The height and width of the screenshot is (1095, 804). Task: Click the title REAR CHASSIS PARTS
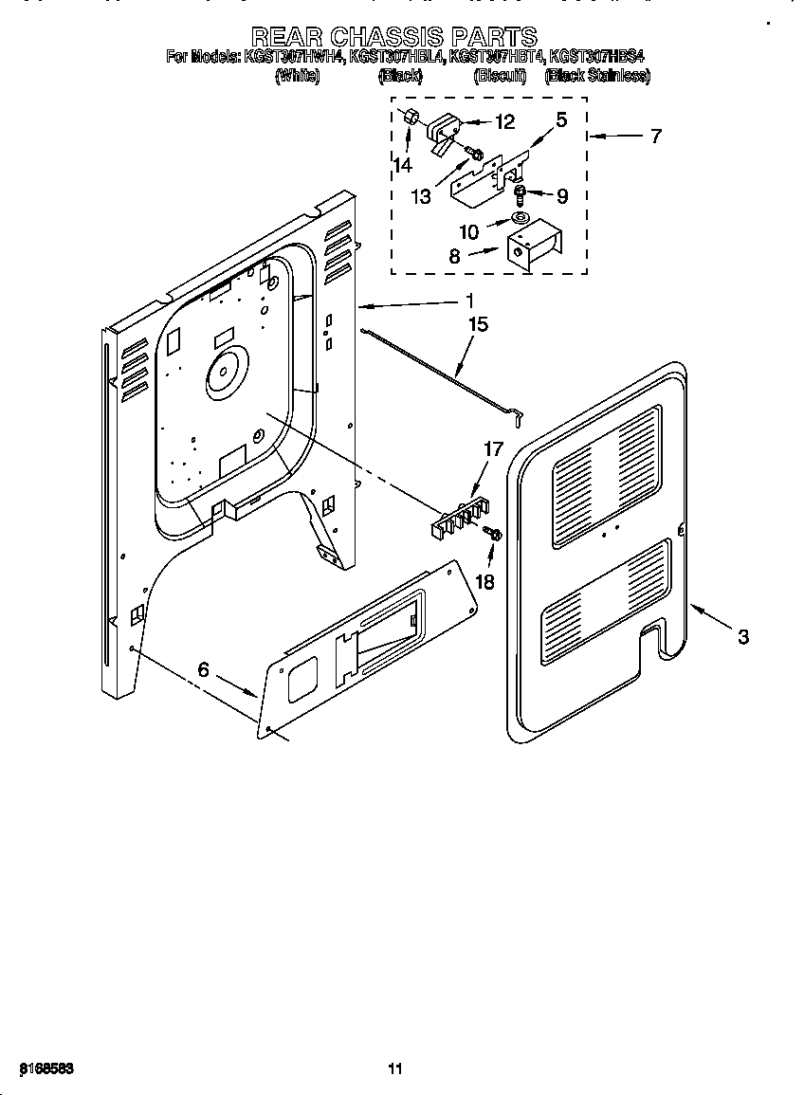coord(402,37)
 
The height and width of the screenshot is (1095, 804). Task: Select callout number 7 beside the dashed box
coord(655,136)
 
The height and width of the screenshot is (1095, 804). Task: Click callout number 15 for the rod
coord(478,325)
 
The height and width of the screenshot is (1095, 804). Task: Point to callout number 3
coord(742,637)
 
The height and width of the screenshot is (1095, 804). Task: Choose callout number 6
coord(203,669)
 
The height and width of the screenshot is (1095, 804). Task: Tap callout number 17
coord(493,451)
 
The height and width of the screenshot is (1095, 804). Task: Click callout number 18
coord(484,581)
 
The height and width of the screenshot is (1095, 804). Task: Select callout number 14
coord(404,165)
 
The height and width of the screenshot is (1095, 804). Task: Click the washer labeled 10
coord(520,220)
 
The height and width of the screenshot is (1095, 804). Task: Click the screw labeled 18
coord(492,535)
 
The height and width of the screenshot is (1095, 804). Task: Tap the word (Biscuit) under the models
coord(500,77)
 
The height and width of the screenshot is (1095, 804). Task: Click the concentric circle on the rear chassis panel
coord(223,372)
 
